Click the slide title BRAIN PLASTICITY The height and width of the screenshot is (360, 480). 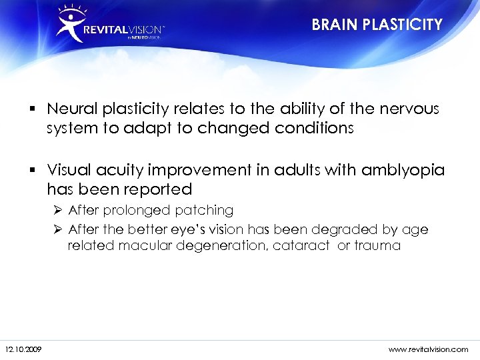pos(377,25)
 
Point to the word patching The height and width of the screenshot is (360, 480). pos(204,211)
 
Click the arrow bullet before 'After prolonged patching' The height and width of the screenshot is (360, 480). pos(59,211)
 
